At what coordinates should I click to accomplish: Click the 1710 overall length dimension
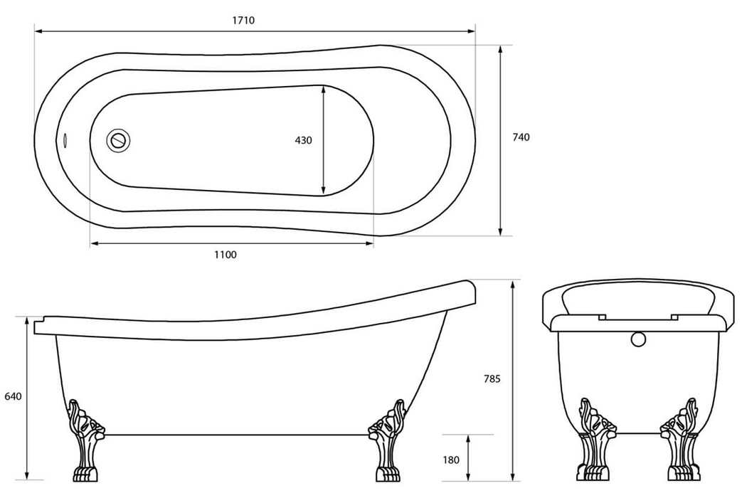click(x=243, y=21)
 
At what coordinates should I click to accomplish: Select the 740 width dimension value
click(x=521, y=138)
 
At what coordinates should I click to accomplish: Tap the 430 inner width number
click(x=303, y=141)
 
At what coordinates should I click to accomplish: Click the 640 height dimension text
click(x=13, y=396)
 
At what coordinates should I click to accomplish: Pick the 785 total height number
click(x=492, y=379)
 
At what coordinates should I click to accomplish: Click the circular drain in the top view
click(x=119, y=139)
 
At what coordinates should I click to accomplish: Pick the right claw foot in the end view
click(x=682, y=441)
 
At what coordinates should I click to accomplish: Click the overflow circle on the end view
click(x=638, y=339)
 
